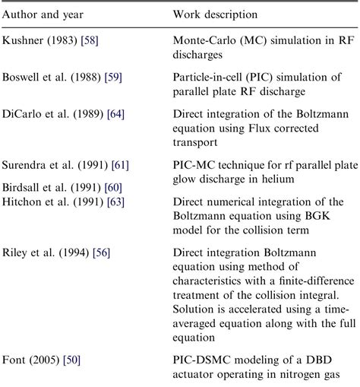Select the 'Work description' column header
point(215,14)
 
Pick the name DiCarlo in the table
point(24,113)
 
